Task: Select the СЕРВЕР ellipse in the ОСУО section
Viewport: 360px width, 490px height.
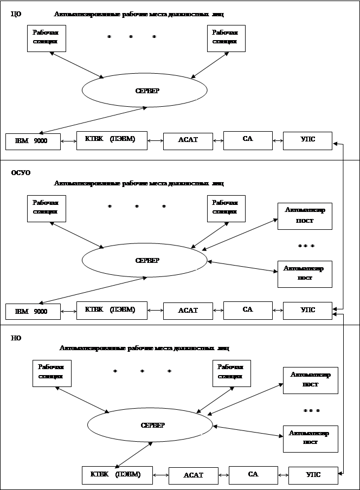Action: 144,260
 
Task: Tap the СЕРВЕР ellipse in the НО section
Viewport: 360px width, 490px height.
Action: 150,425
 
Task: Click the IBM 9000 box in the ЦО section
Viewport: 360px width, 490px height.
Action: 33,141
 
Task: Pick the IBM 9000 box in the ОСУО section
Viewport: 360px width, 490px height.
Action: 33,312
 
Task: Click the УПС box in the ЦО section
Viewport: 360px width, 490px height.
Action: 307,140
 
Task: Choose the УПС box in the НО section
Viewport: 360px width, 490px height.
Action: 313,475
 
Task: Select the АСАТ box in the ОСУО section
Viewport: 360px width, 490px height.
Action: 188,311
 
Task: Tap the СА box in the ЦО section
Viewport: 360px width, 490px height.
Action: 248,140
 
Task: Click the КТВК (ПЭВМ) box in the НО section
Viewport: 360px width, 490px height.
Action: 117,474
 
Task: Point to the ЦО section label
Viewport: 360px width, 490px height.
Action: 16,14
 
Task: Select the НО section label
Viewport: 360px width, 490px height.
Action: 16,338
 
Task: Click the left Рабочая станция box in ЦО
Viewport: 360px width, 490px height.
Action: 46,38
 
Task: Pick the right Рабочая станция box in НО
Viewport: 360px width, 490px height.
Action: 232,373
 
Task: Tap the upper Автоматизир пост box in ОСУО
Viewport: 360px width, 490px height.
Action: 305,216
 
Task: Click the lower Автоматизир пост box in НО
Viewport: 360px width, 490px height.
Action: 310,439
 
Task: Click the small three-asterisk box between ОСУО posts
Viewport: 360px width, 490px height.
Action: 305,247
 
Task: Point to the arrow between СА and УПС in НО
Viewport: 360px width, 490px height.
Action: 283,475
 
